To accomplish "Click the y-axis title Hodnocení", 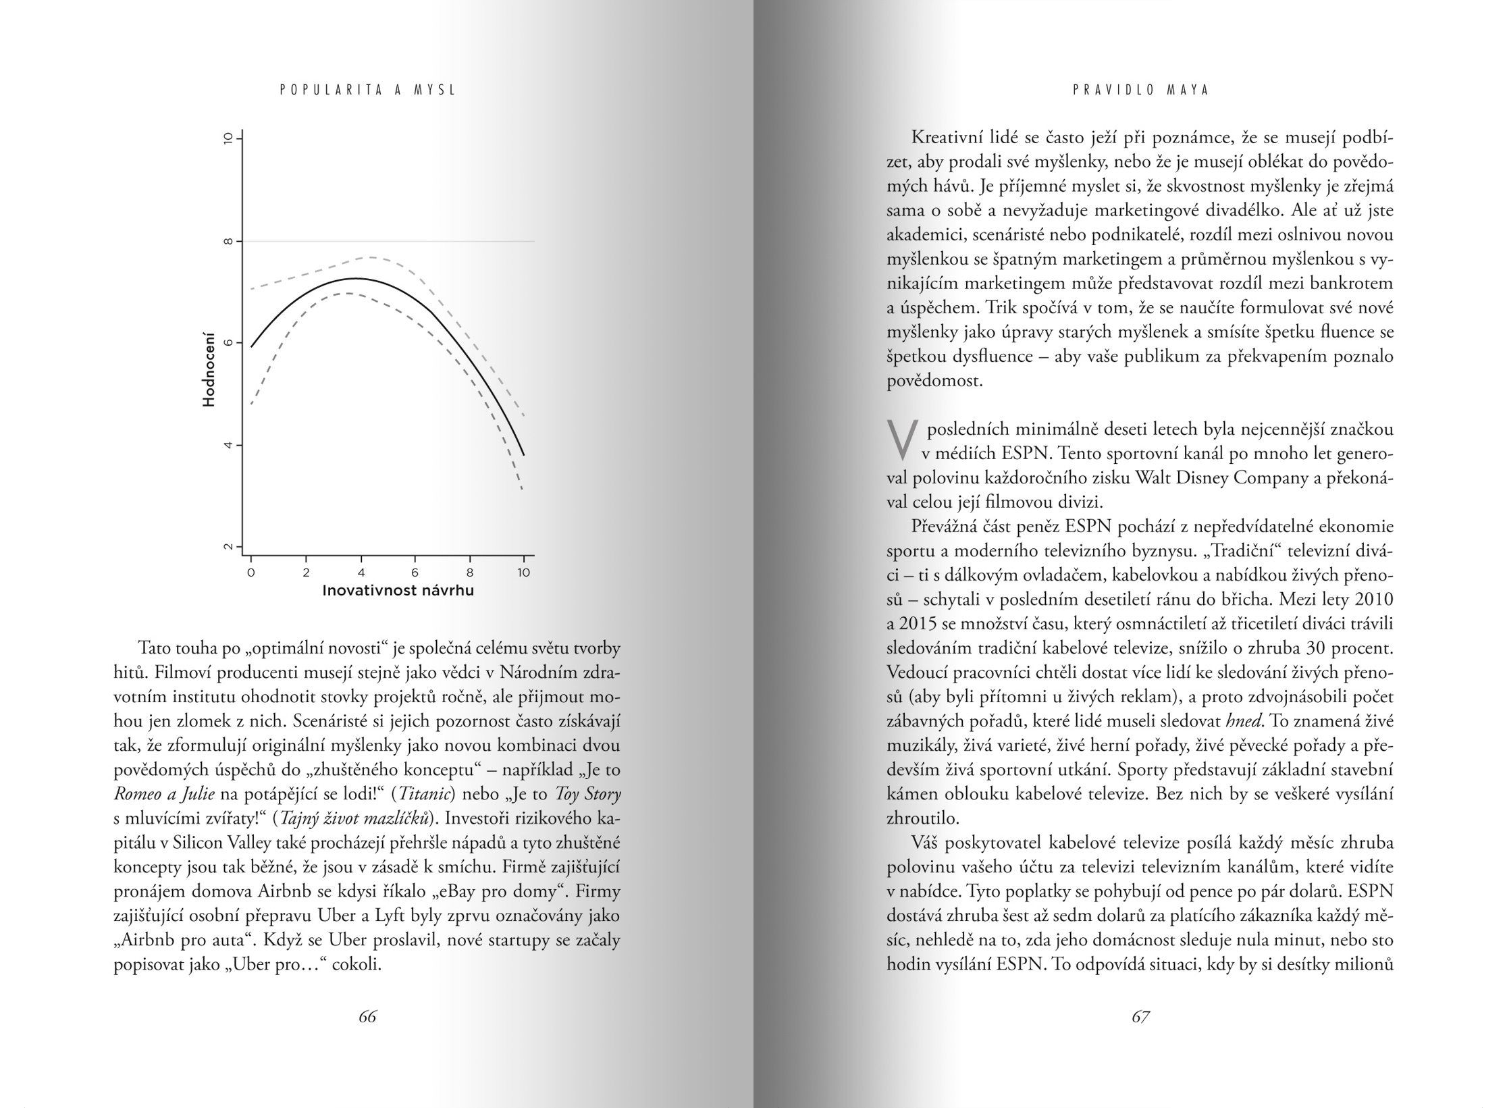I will [x=209, y=369].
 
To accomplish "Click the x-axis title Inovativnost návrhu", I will [x=398, y=591].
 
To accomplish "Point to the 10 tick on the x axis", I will [x=524, y=573].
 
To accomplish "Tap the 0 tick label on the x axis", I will [x=251, y=573].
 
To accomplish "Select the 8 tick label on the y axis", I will [x=228, y=241].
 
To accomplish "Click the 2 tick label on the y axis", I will [x=228, y=547].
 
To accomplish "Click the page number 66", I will [x=367, y=1017].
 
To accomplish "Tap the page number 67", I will [x=1140, y=1017].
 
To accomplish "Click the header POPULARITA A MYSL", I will [x=368, y=90].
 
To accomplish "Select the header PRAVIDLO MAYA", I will [x=1140, y=90].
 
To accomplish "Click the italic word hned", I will [x=1243, y=721].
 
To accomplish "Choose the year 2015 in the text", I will [x=917, y=624].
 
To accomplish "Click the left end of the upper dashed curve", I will [x=251, y=289].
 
